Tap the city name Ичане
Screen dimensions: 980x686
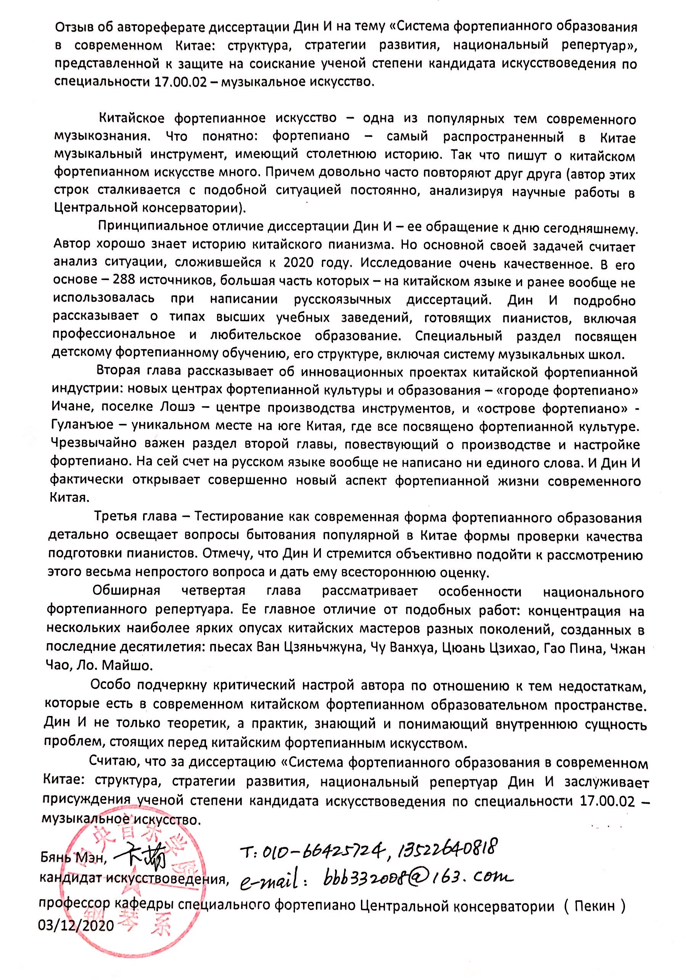pyautogui.click(x=69, y=408)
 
